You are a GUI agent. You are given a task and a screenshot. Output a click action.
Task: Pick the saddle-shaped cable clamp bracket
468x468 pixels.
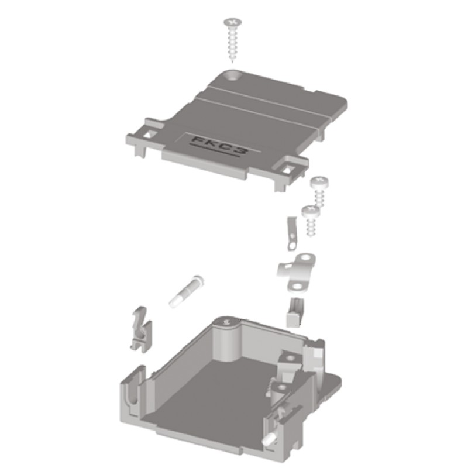click(296, 272)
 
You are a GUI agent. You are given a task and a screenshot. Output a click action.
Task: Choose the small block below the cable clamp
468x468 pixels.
click(294, 312)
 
